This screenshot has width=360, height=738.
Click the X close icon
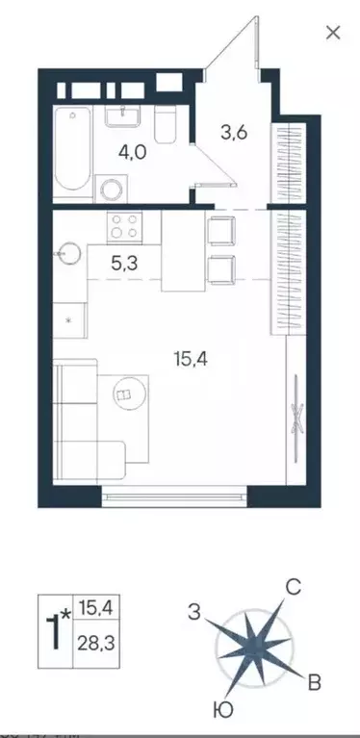(333, 32)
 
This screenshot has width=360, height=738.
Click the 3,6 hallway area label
(234, 133)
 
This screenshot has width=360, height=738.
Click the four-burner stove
(124, 227)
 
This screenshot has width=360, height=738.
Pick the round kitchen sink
(66, 253)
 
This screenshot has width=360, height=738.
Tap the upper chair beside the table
(221, 231)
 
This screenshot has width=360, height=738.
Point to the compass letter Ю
(222, 713)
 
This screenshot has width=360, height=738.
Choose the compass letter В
(313, 684)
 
